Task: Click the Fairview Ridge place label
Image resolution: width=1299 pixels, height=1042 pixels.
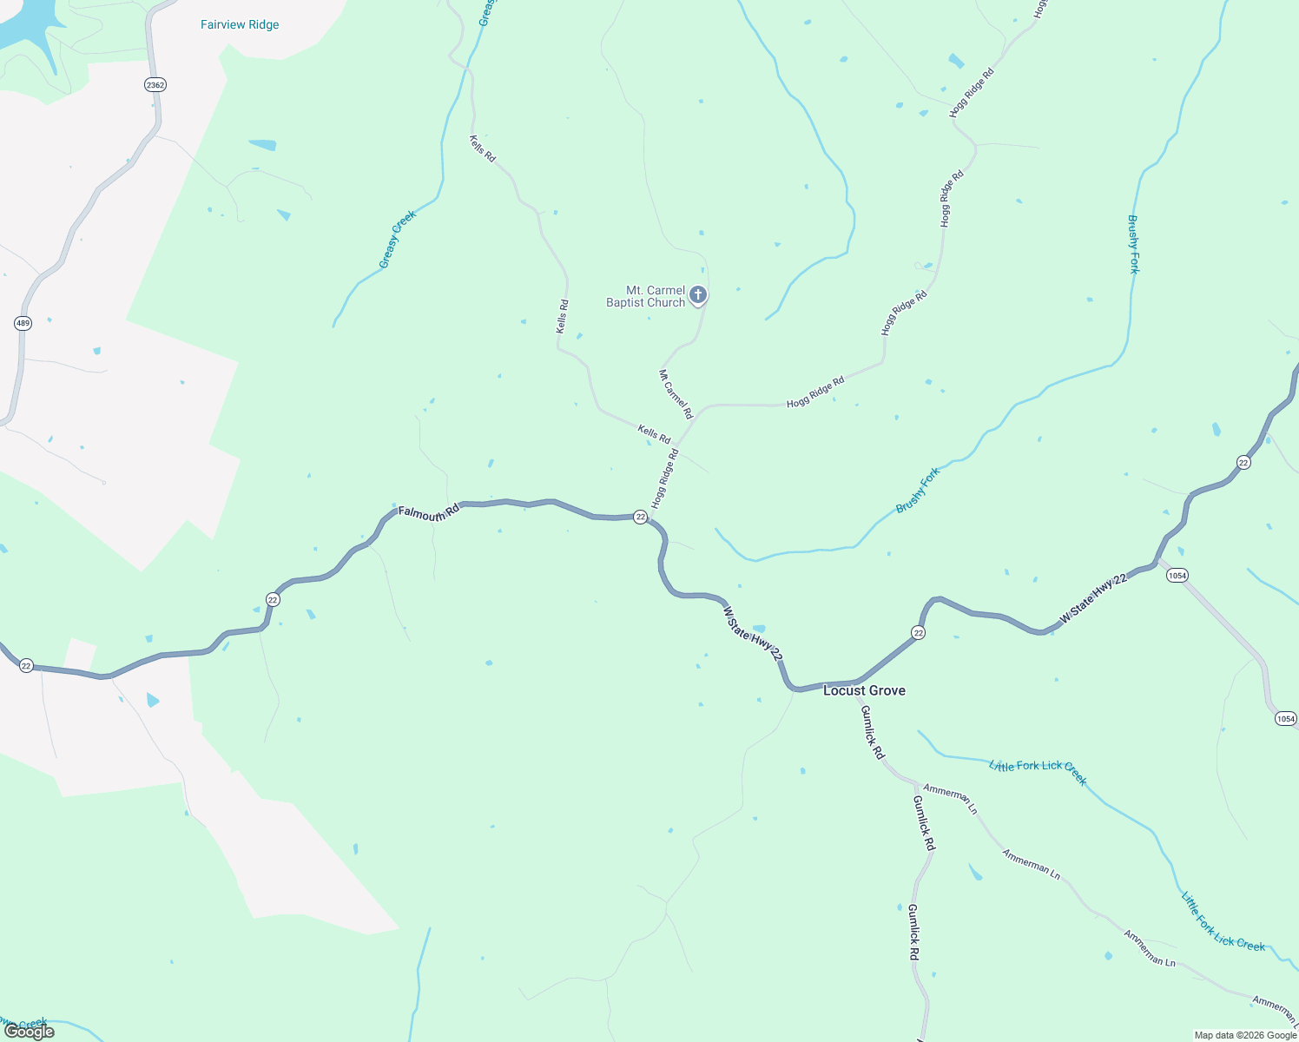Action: coord(240,24)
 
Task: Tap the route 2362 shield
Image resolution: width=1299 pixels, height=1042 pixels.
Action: coord(155,85)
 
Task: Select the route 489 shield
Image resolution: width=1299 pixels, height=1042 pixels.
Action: coord(23,323)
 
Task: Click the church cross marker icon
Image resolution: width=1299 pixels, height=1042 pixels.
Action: coord(697,295)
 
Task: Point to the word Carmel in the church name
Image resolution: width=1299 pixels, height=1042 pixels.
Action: coord(667,290)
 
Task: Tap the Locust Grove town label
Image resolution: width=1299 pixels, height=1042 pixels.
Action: coord(864,690)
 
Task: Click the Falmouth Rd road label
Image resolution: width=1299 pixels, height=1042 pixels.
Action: coord(428,513)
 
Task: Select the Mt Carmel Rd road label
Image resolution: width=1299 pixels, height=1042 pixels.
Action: coord(676,394)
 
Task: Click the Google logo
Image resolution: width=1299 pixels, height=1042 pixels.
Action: coord(29,1032)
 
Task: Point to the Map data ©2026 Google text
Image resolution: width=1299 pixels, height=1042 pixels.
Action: coord(1245,1035)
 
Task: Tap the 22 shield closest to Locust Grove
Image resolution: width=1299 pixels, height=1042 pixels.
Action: coord(919,632)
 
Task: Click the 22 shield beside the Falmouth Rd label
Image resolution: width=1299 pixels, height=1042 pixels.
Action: coord(640,517)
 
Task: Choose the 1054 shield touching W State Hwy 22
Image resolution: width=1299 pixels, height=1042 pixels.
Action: coord(1177,576)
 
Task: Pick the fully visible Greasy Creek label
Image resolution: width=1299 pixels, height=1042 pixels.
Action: coord(398,239)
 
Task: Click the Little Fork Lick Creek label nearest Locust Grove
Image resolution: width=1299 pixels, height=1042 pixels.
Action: coord(1038,771)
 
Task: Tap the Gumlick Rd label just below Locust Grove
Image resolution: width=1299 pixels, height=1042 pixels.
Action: coord(872,732)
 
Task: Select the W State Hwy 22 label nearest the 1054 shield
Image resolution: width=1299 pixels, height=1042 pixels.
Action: coord(1093,598)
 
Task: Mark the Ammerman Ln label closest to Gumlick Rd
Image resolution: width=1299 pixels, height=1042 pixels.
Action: coord(951,799)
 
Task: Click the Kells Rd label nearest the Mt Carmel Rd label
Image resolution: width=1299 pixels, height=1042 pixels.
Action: coord(654,434)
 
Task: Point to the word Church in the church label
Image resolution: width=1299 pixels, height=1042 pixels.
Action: coord(666,302)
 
